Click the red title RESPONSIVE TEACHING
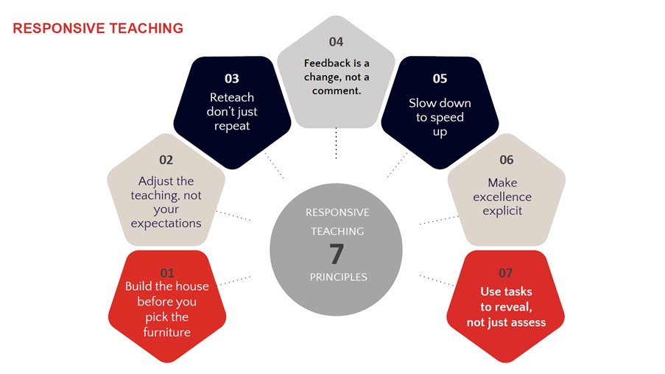click(x=98, y=29)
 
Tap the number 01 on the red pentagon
click(x=167, y=273)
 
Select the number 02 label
click(x=166, y=160)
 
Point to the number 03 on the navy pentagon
click(x=232, y=78)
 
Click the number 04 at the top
click(x=336, y=42)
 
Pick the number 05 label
click(x=440, y=78)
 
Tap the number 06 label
click(x=506, y=160)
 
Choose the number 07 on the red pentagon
click(x=506, y=273)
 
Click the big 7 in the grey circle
click(x=337, y=254)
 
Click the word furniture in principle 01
click(x=167, y=332)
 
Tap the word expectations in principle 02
click(x=166, y=223)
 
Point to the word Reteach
click(x=232, y=97)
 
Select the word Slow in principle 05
click(x=423, y=103)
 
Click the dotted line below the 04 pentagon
click(x=336, y=143)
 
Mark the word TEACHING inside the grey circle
click(x=337, y=231)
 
